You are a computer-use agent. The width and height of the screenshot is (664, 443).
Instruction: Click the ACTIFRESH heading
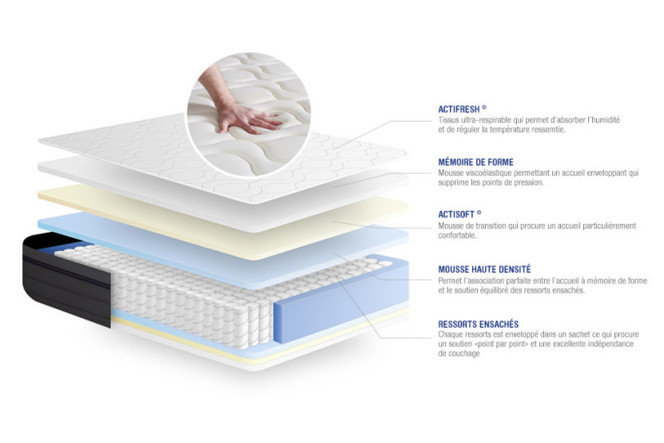pyautogui.click(x=462, y=109)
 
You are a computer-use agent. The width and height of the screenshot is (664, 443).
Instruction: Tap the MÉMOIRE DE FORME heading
pyautogui.click(x=475, y=162)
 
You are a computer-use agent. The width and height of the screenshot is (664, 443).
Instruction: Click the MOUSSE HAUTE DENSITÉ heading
pyautogui.click(x=484, y=270)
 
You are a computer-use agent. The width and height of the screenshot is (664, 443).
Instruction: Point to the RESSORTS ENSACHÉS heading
pyautogui.click(x=478, y=323)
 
